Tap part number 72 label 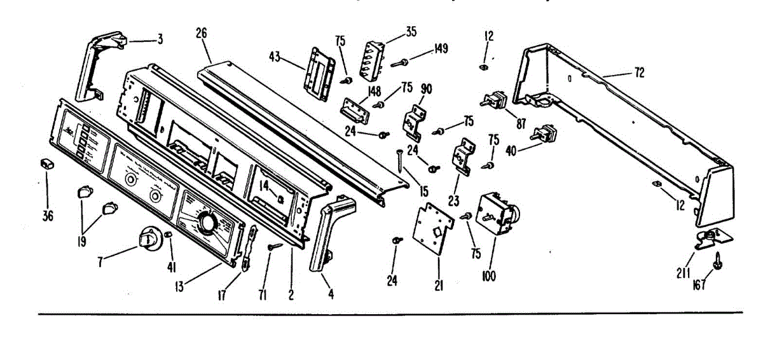[638, 73]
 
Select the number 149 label [440, 48]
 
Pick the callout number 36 [48, 215]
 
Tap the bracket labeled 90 [414, 121]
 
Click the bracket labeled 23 [462, 157]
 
